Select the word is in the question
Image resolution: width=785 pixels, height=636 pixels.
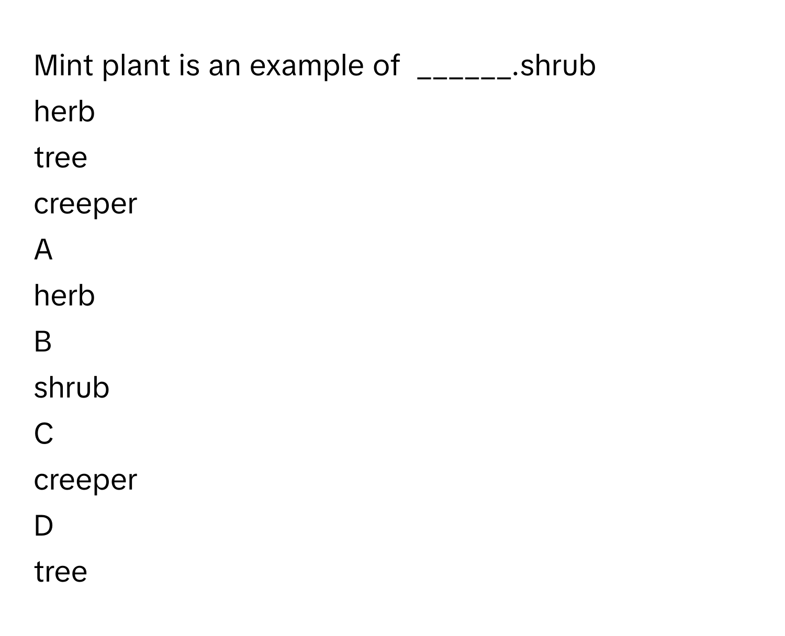click(x=189, y=65)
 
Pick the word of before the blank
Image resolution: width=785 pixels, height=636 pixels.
click(x=386, y=65)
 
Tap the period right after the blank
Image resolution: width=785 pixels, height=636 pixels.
click(x=515, y=75)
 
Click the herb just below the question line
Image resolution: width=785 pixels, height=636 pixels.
click(x=64, y=111)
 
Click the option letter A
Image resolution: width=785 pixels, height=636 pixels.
click(x=43, y=249)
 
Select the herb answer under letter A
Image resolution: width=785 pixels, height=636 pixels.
click(x=64, y=296)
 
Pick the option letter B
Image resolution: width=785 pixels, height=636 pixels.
click(x=43, y=342)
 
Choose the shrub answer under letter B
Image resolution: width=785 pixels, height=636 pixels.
click(x=72, y=388)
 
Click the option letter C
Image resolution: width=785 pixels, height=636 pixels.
click(x=43, y=434)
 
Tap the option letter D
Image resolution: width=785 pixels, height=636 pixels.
click(x=43, y=526)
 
